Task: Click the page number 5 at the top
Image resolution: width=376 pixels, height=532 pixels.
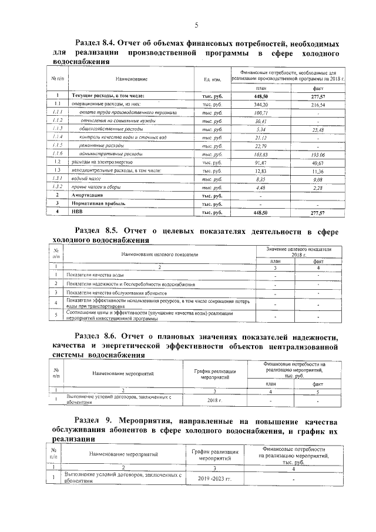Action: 196,24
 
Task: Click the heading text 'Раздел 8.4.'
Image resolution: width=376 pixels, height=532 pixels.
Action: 96,44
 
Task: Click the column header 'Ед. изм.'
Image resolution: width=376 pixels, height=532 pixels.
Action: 211,78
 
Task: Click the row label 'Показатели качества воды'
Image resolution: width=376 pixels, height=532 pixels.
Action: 95,275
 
